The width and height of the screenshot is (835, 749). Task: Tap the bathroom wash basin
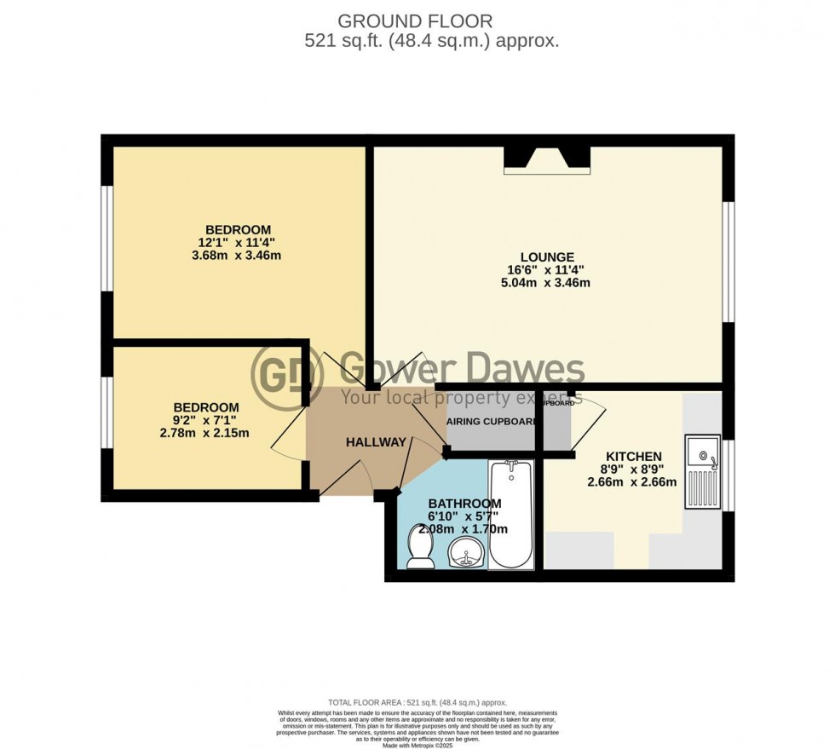coord(465,554)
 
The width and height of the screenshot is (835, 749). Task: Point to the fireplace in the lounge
coord(547,160)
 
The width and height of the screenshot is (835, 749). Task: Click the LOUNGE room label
coord(547,256)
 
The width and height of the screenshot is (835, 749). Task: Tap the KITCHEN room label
coord(633,457)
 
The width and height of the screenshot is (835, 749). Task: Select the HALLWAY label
coord(376,442)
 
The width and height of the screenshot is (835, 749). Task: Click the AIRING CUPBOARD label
coord(492,422)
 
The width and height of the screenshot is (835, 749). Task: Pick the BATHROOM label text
coord(464,504)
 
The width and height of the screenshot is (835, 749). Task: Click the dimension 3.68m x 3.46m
coord(238,255)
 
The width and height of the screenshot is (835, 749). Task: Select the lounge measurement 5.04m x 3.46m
coord(547,282)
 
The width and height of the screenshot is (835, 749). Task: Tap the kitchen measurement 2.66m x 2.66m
coord(632,481)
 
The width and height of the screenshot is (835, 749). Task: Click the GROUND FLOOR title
coord(415,20)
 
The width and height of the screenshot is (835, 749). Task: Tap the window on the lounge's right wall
coord(728,262)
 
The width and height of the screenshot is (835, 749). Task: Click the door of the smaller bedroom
coord(288,431)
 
